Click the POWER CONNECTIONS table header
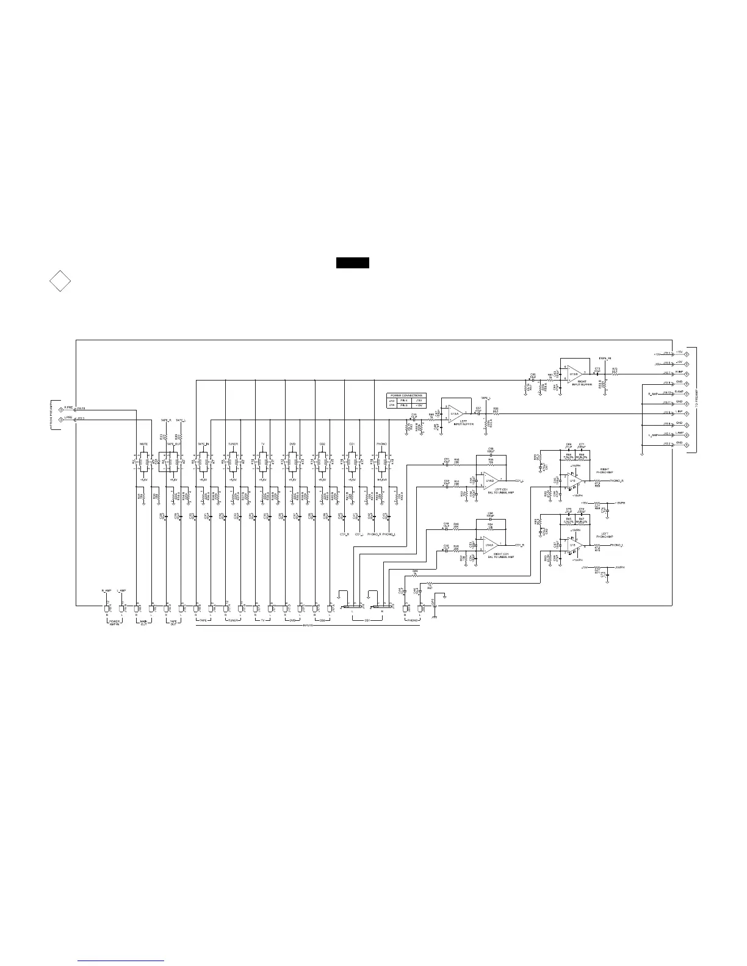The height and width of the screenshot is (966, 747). [x=406, y=395]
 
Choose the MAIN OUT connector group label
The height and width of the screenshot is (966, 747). [x=144, y=623]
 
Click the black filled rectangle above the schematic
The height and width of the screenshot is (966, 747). [x=353, y=263]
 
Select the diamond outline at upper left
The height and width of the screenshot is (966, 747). [x=59, y=281]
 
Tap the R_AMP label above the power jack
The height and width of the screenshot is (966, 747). [x=106, y=591]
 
